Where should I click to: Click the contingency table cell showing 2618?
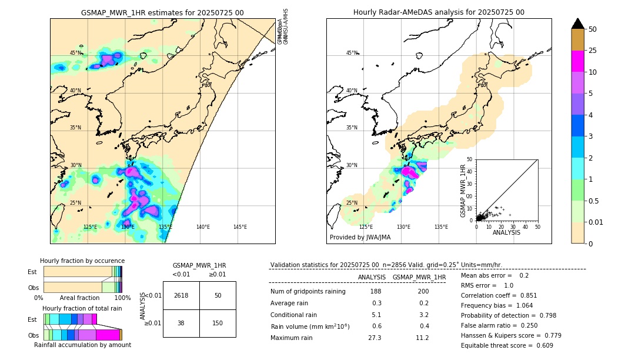tap(181, 295)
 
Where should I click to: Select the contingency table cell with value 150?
tap(218, 323)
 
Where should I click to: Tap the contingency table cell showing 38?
tap(181, 323)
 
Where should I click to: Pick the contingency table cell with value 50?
tap(218, 295)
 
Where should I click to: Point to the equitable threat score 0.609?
tap(541, 345)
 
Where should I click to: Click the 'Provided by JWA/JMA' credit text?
tap(360, 238)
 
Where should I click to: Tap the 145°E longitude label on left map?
tap(240, 227)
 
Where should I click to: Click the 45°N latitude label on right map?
tap(352, 53)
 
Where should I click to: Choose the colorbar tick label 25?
tap(593, 51)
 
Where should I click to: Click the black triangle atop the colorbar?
tap(578, 24)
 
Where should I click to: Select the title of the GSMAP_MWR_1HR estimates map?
tap(162, 12)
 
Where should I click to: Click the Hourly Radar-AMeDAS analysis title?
tap(439, 12)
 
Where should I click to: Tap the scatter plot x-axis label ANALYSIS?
tap(506, 232)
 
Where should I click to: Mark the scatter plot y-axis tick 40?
tap(470, 171)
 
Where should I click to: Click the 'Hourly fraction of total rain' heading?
tap(82, 308)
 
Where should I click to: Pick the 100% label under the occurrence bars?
tap(122, 298)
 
